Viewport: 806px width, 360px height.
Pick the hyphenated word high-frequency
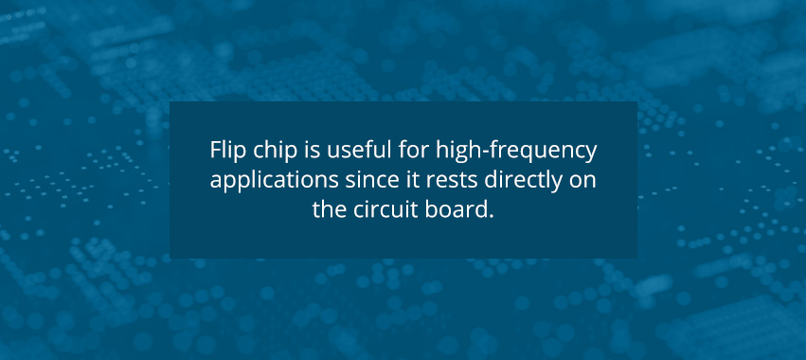[x=508, y=152]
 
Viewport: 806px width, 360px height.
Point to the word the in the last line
[x=328, y=208]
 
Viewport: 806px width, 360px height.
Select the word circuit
[x=382, y=208]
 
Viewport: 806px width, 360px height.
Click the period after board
[x=492, y=215]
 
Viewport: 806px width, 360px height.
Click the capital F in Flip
[x=214, y=152]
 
